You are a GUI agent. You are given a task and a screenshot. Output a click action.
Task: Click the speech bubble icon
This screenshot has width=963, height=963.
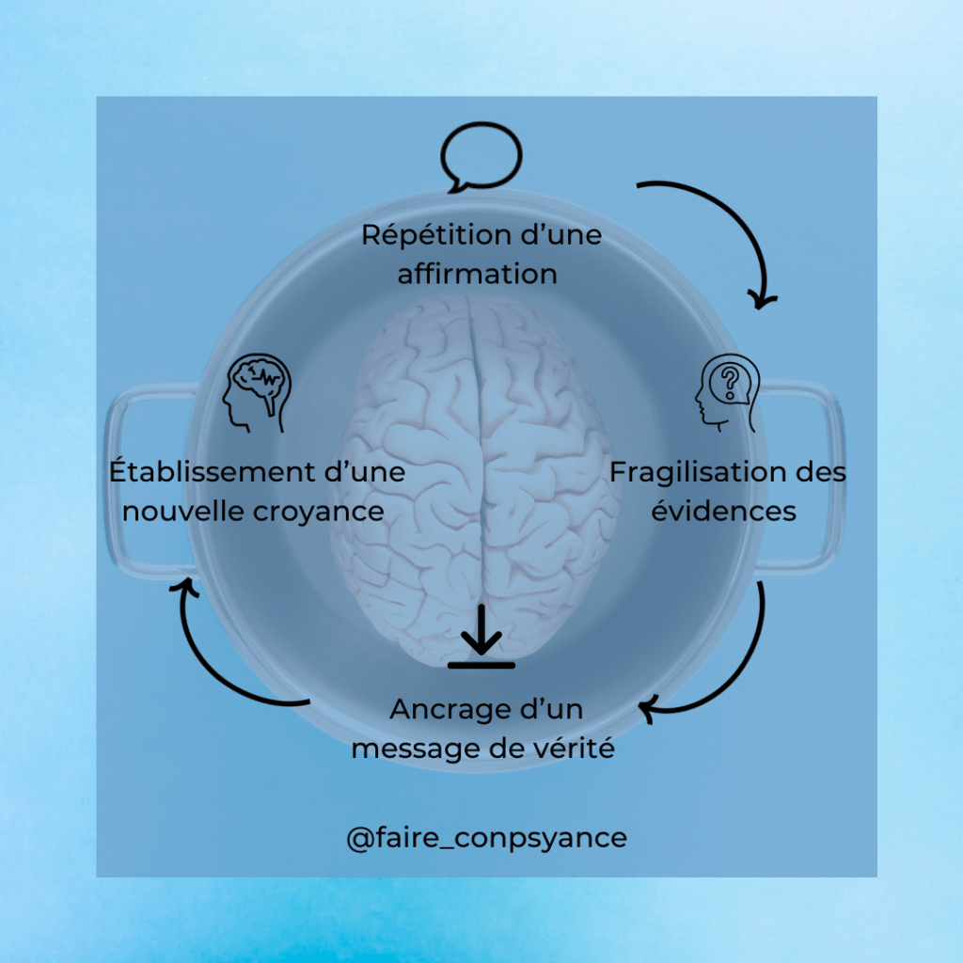coord(481,158)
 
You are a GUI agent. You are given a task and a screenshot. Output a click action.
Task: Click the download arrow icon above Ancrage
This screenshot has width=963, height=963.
coord(481,637)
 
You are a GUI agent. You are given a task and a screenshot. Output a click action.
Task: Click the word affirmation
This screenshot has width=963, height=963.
coord(477,275)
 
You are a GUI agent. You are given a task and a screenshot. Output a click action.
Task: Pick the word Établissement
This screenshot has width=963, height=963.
coord(213,471)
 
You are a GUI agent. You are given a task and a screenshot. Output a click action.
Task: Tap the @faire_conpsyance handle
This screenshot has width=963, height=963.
coord(486,837)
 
